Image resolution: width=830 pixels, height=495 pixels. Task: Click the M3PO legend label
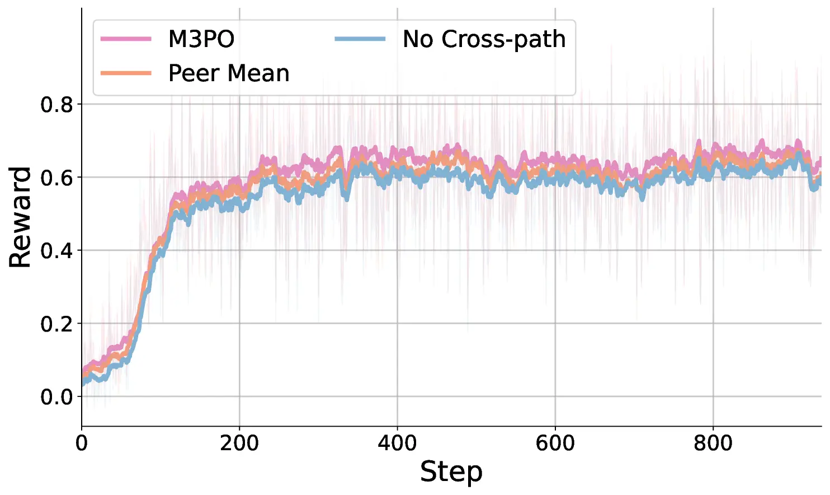[x=201, y=39]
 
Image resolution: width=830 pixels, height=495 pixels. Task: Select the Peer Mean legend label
[x=229, y=73]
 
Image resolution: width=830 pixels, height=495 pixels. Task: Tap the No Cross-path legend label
[x=484, y=39]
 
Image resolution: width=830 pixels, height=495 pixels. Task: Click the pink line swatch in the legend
[x=126, y=39]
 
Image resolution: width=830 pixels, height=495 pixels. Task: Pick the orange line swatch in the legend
[x=126, y=73]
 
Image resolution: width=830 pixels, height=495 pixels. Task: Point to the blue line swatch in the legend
[x=360, y=39]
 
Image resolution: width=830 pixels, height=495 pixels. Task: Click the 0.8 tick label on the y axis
[x=56, y=105]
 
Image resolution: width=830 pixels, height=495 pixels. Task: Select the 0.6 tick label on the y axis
[x=56, y=178]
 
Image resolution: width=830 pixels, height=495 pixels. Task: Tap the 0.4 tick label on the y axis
[x=56, y=251]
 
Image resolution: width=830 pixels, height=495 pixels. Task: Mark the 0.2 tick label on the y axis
[x=56, y=324]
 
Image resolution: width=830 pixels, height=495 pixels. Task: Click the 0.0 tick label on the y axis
[x=56, y=397]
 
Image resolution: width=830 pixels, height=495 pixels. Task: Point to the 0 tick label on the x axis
[x=82, y=443]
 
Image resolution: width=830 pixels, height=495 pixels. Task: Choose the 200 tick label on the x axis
[x=239, y=443]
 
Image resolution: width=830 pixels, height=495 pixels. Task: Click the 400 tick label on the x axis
[x=398, y=443]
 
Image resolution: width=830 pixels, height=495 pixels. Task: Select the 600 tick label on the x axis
[x=555, y=443]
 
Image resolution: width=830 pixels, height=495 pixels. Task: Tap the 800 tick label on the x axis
[x=713, y=443]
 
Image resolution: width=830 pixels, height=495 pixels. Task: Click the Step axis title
[x=451, y=471]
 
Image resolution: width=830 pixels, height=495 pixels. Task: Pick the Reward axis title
[x=20, y=217]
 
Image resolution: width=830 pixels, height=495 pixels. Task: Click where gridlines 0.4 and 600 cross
[x=555, y=250]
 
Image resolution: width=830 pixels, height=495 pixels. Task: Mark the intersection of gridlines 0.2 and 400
[x=398, y=323]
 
